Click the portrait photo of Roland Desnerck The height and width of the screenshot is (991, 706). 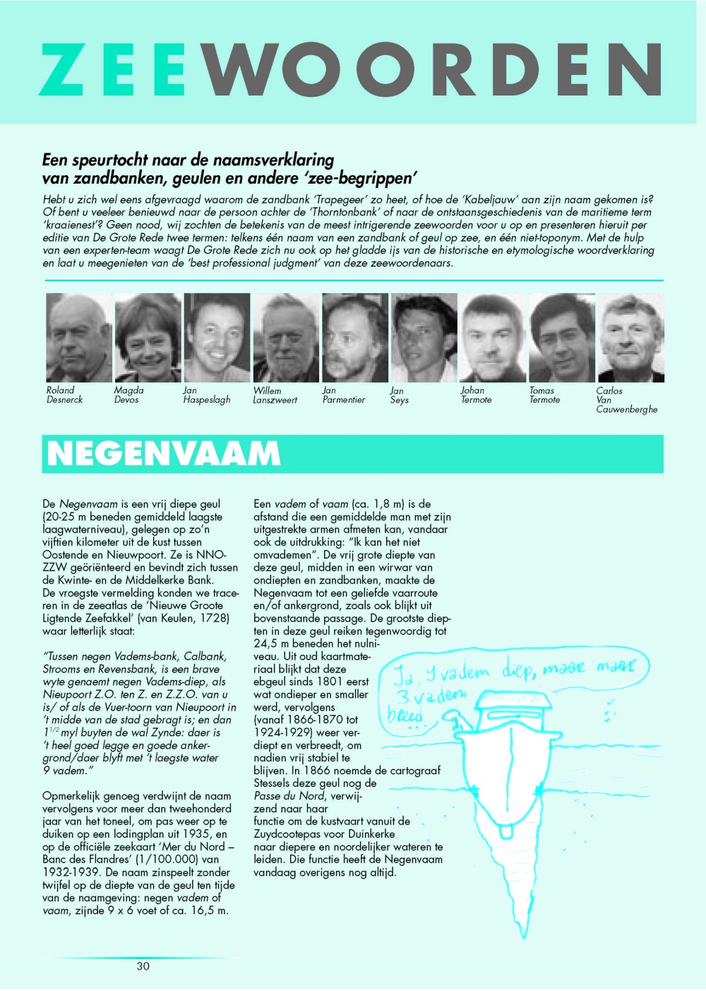(78, 338)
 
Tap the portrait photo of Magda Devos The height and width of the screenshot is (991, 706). (148, 338)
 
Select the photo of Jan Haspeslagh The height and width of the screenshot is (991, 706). (217, 338)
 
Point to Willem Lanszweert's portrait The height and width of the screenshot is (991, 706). (286, 338)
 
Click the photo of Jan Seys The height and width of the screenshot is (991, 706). (424, 338)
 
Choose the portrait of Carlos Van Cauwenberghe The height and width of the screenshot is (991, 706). (630, 338)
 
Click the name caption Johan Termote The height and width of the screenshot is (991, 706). (476, 395)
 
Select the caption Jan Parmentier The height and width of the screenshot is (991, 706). (343, 395)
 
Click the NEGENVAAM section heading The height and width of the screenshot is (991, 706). (164, 454)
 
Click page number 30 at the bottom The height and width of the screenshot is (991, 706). (143, 966)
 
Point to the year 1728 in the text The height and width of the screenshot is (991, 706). (213, 618)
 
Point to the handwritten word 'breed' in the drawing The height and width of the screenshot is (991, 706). (405, 715)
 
